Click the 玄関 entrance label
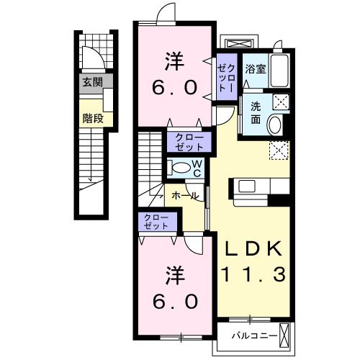pos(93,82)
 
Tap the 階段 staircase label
pos(93,118)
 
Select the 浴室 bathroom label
pos(256,69)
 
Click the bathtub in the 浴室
pos(279,71)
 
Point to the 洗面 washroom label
pos(256,113)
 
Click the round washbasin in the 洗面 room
pos(275,125)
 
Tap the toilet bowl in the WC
pos(181,167)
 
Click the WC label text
pos(197,168)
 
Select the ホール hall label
pos(186,196)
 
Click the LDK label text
pos(253,249)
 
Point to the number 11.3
pos(253,275)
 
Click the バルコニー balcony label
pos(254,336)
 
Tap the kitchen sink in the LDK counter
pos(247,186)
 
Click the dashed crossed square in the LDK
pos(279,150)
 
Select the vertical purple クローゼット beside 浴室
pos(226,77)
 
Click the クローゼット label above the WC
pos(189,143)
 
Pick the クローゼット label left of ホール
pos(156,222)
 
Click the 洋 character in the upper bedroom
pos(175,62)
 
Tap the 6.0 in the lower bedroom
pos(176,302)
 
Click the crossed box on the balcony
pos(284,335)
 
